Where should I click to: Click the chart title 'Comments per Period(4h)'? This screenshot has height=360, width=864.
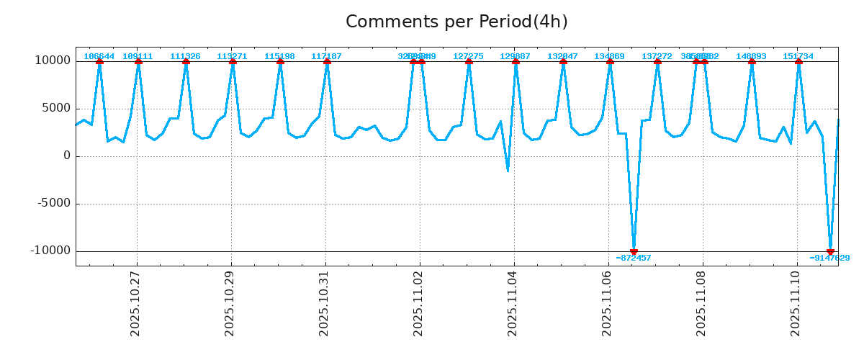[456, 22]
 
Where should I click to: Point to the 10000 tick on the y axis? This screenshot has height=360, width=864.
[53, 60]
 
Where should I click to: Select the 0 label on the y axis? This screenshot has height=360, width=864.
[67, 156]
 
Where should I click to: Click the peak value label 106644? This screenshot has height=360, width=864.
[99, 56]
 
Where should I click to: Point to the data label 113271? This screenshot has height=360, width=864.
[232, 56]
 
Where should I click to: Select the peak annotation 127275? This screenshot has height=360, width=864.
[468, 56]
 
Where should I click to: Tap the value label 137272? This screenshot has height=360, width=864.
[657, 56]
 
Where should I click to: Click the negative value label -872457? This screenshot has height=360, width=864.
[634, 258]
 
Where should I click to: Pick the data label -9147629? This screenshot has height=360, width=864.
[829, 258]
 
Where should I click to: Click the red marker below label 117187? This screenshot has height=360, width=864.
[327, 62]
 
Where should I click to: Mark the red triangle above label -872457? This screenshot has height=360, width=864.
[634, 251]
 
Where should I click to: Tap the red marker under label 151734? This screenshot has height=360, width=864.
[798, 62]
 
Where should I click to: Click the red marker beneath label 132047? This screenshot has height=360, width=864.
[563, 62]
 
